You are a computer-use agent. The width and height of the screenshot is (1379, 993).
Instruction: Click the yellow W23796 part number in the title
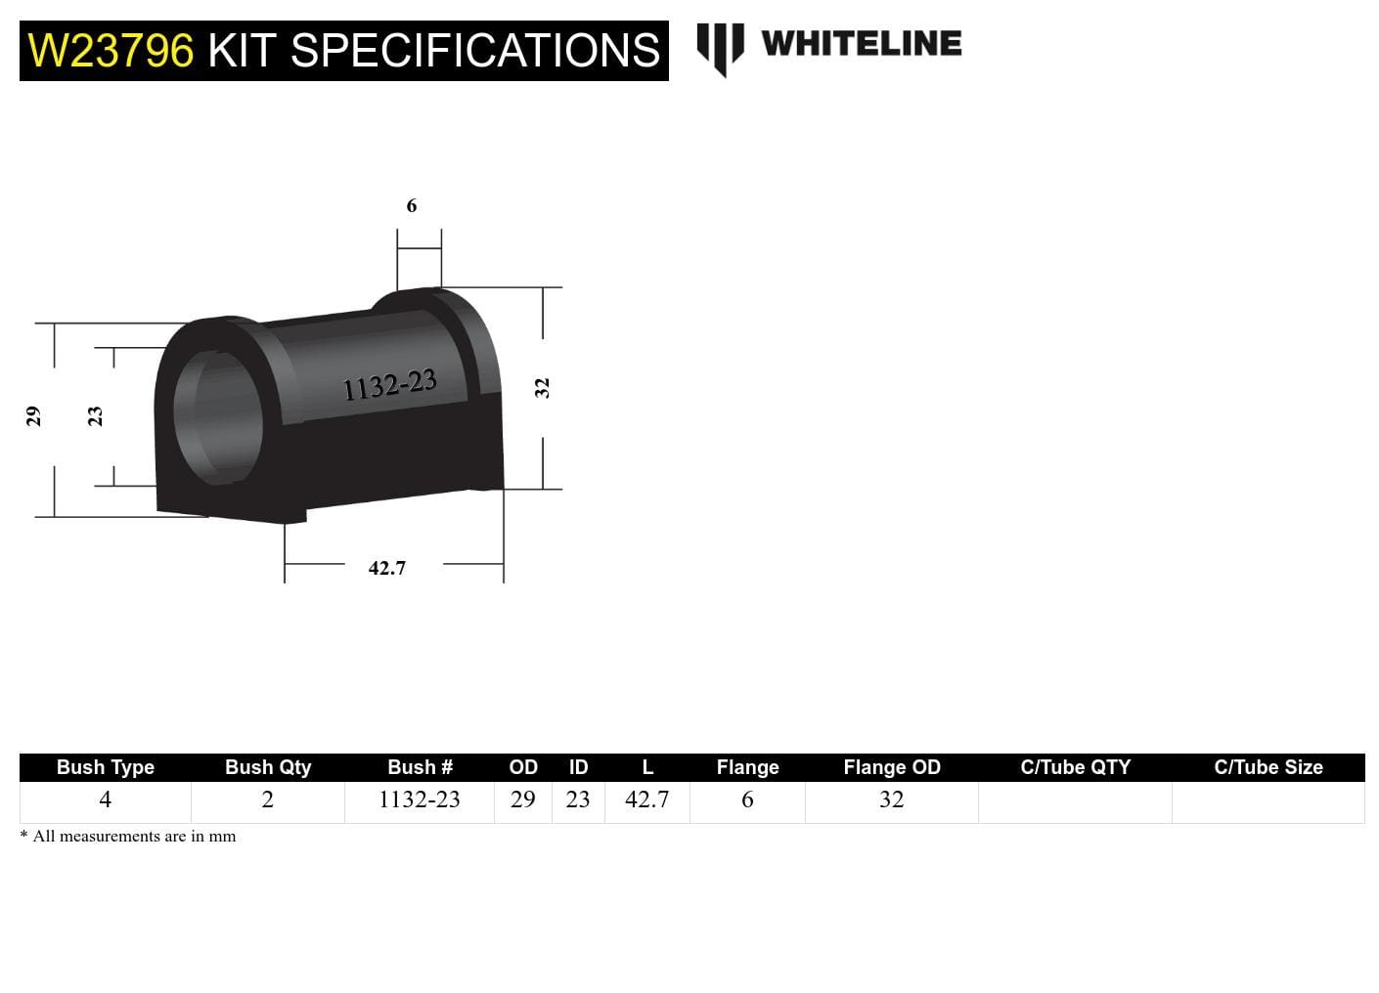[111, 51]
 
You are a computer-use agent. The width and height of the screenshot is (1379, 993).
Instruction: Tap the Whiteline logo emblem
[720, 47]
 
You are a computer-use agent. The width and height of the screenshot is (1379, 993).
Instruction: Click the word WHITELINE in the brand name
[861, 43]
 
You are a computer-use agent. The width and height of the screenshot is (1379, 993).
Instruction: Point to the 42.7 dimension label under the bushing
[387, 568]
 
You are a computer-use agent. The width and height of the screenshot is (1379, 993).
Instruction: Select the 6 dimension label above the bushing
[412, 205]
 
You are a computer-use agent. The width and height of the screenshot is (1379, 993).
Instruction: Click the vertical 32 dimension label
[542, 388]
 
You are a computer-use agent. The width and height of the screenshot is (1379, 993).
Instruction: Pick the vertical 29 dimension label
[33, 416]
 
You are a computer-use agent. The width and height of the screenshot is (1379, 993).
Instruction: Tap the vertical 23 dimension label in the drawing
[95, 416]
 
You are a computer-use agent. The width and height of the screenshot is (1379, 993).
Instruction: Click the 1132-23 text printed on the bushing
[389, 386]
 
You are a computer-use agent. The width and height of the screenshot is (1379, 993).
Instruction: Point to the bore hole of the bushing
[217, 416]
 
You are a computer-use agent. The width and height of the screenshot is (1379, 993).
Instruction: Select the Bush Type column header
[106, 767]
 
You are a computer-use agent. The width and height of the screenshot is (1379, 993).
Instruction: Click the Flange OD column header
[892, 767]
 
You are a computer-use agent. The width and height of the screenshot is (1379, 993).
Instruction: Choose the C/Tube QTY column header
[1075, 767]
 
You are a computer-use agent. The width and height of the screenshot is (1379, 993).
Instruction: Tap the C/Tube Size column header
[1268, 767]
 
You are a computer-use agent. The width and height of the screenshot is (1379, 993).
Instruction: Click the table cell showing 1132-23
[419, 799]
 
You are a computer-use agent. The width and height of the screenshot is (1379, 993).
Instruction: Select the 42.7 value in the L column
[646, 799]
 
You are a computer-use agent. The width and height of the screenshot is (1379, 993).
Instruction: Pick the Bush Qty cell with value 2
[267, 799]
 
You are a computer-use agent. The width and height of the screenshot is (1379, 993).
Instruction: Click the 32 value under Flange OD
[891, 799]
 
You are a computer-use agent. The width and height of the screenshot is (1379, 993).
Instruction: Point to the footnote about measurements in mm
[128, 837]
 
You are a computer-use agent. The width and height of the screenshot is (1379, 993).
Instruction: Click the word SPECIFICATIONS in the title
[476, 51]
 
